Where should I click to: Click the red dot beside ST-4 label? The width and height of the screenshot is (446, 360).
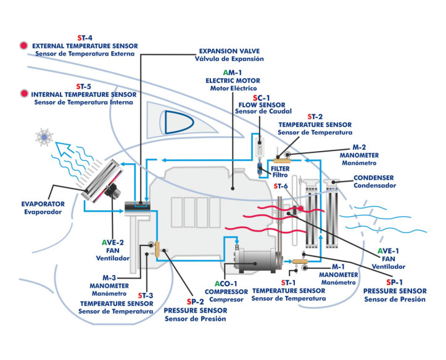point(23,45)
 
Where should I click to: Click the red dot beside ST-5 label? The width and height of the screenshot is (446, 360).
point(23,94)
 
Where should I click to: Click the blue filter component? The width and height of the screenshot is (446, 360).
point(260,169)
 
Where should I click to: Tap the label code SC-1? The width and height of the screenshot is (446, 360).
point(262,97)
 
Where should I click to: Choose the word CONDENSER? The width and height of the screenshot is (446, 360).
point(373,178)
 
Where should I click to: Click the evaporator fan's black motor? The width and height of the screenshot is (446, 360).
point(113,191)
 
